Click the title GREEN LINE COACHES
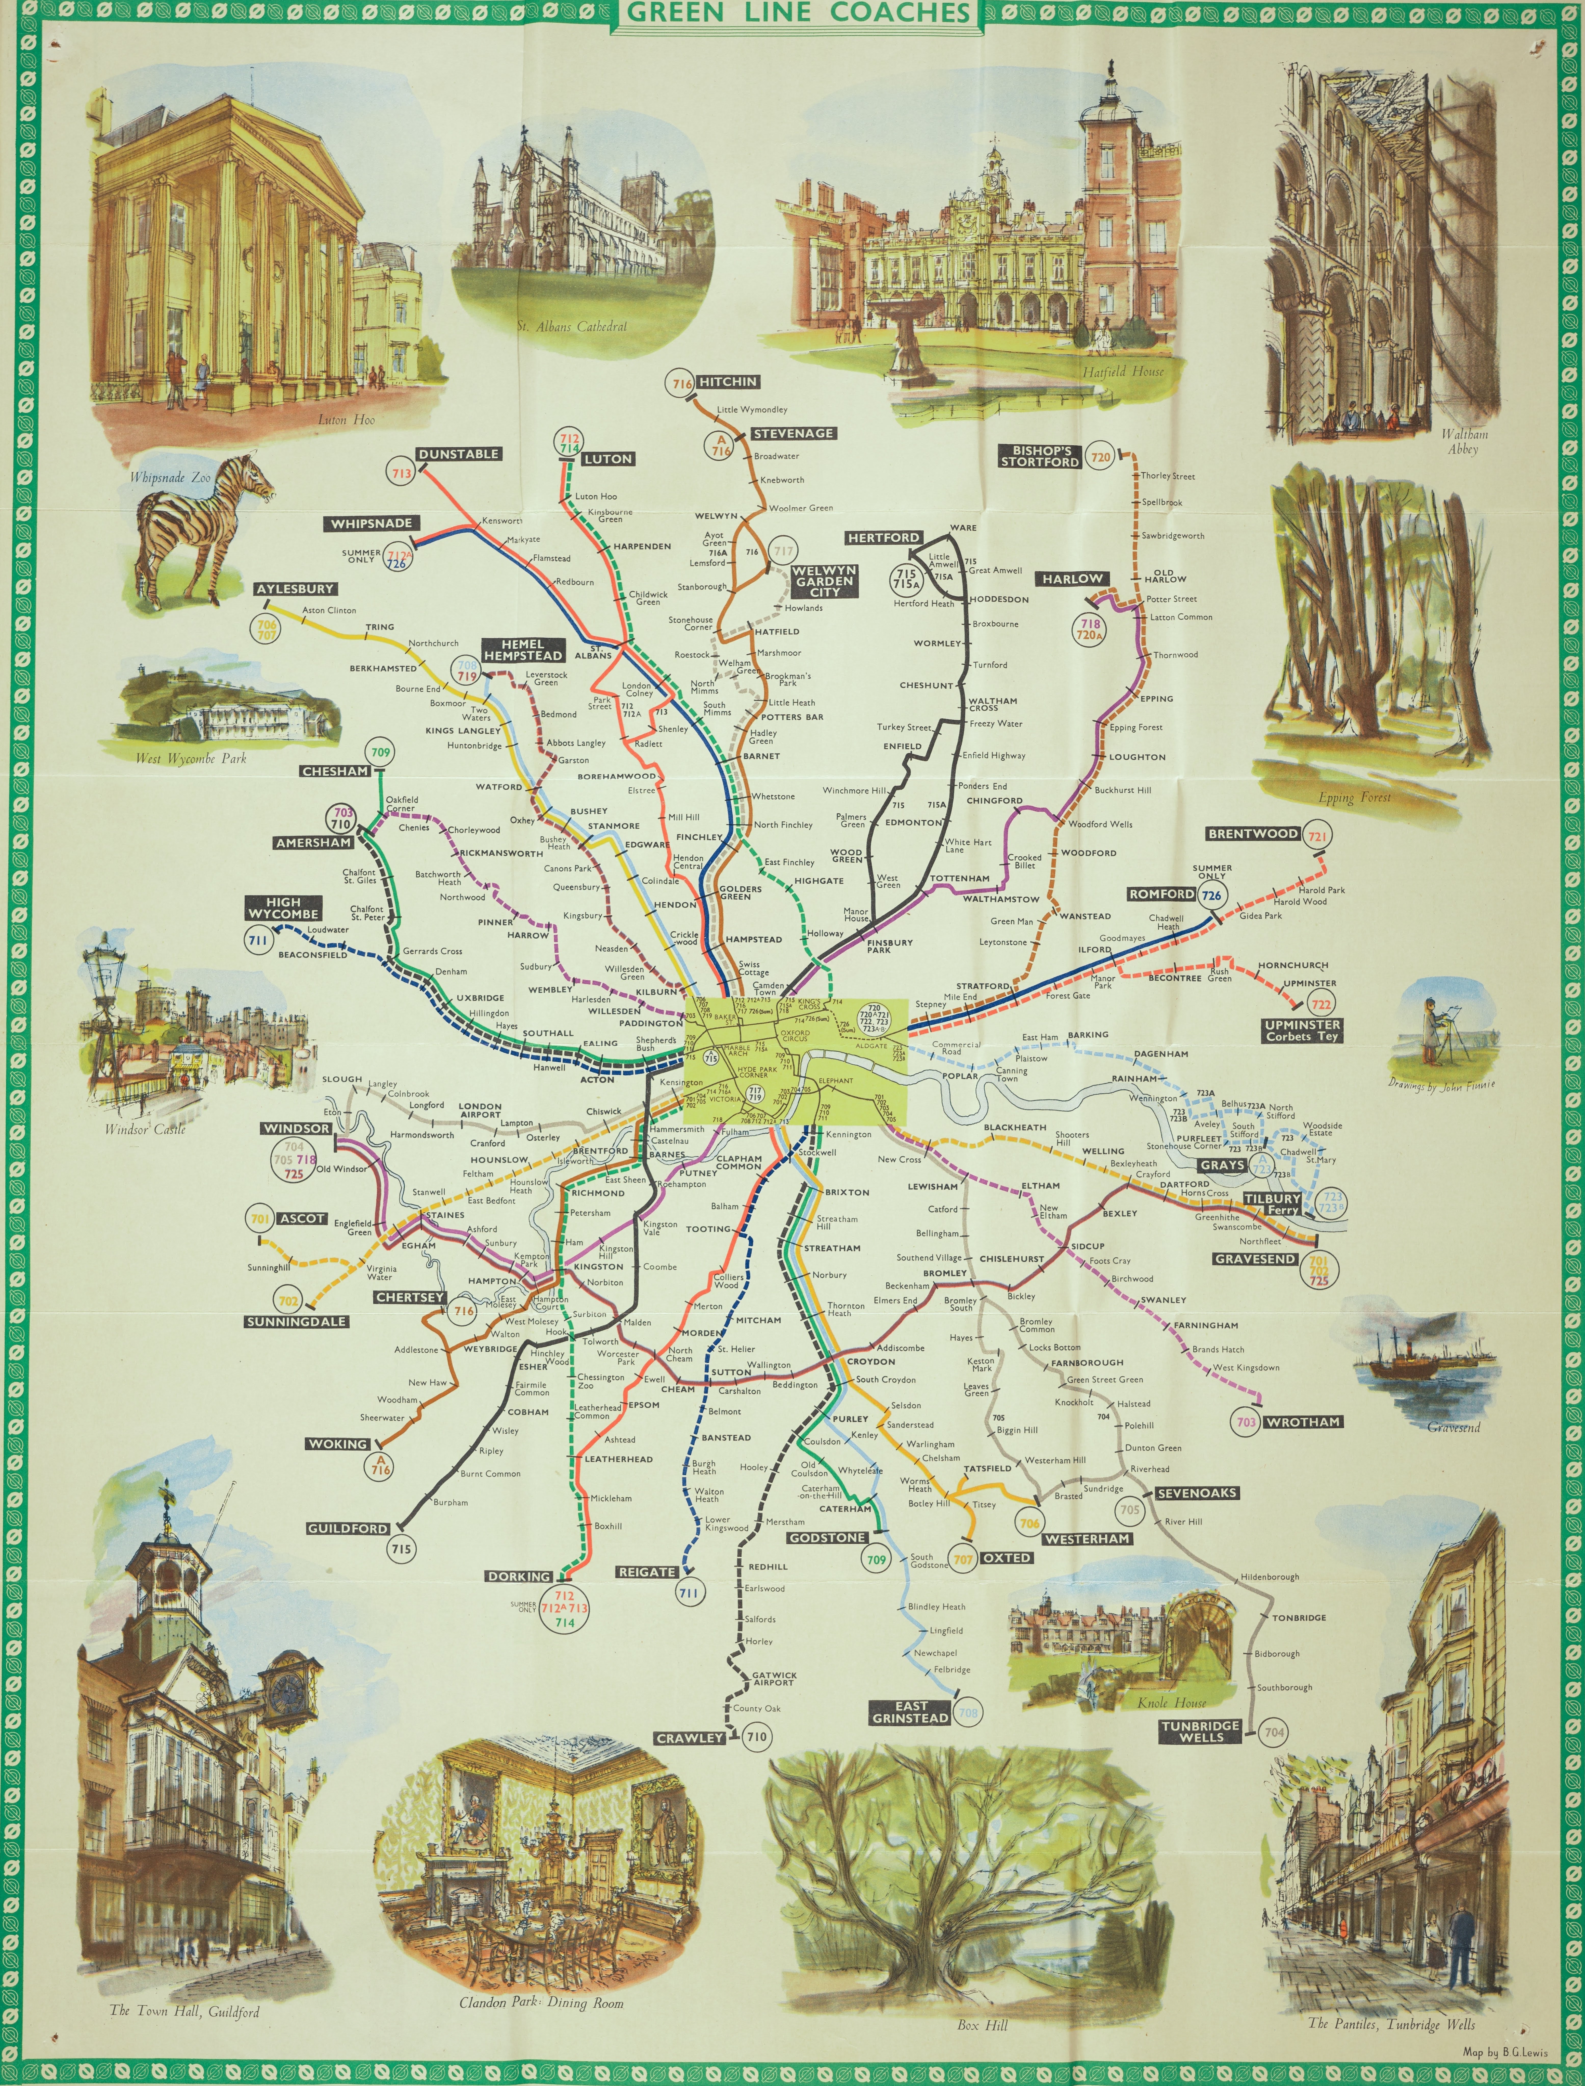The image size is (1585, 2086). point(797,13)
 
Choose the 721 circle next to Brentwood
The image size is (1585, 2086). point(1318,835)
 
